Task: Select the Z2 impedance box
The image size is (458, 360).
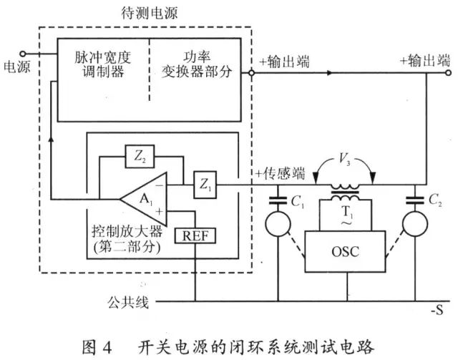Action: tap(140, 155)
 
